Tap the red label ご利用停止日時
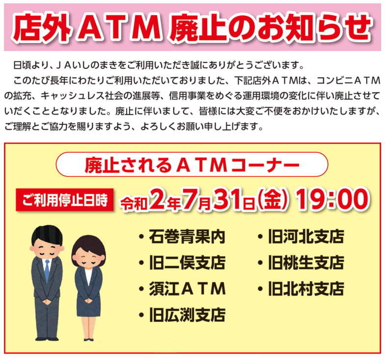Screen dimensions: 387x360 (65, 200)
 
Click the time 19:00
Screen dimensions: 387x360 (332, 199)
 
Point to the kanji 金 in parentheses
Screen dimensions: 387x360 (273, 199)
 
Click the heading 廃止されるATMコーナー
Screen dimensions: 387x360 (192, 165)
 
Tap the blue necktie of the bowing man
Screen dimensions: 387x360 (47, 271)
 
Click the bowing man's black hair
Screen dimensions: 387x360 (47, 234)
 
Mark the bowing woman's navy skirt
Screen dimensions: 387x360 (88, 306)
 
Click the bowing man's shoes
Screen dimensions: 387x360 (47, 339)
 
